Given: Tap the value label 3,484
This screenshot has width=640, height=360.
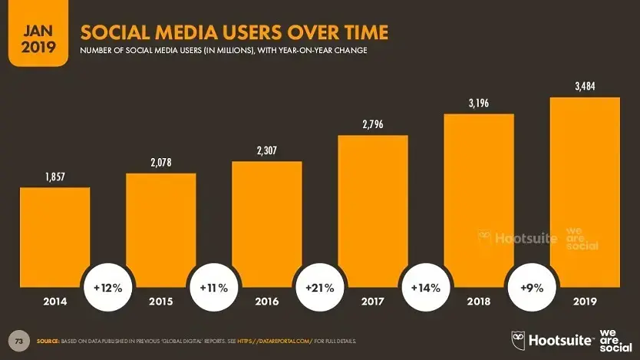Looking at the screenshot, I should pos(585,87).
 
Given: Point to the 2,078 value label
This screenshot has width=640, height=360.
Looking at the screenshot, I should pos(160,163).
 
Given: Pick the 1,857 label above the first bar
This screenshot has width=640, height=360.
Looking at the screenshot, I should pos(54,177).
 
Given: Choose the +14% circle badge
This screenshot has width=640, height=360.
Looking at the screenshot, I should pos(425,289).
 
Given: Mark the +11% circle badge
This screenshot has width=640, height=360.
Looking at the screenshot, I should pos(213,289).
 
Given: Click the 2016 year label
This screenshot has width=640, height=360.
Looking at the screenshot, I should pos(266,302).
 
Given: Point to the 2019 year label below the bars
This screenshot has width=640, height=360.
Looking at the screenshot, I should pos(585,302).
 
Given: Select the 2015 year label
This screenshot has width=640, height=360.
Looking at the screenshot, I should pos(160,302).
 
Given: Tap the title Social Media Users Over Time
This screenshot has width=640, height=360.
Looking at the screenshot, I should pos(234,32).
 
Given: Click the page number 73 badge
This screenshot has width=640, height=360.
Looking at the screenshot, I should pos(18,339).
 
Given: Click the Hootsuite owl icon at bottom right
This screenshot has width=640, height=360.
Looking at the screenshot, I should pos(518,339).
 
